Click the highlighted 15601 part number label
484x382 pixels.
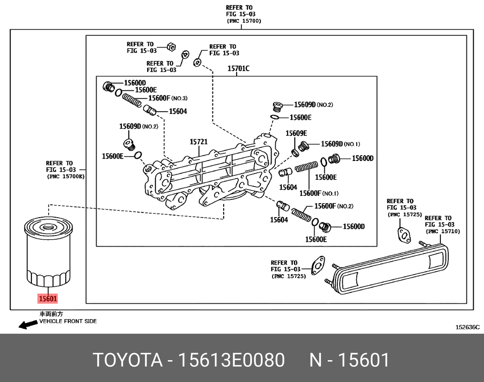[48, 299]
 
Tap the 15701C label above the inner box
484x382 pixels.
[238, 69]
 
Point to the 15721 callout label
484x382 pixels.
[198, 142]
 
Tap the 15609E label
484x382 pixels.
[296, 133]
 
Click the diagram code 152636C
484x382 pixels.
[467, 327]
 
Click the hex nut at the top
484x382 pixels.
[170, 47]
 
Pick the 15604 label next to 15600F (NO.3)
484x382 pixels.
[177, 111]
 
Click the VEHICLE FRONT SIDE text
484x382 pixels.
[68, 321]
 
